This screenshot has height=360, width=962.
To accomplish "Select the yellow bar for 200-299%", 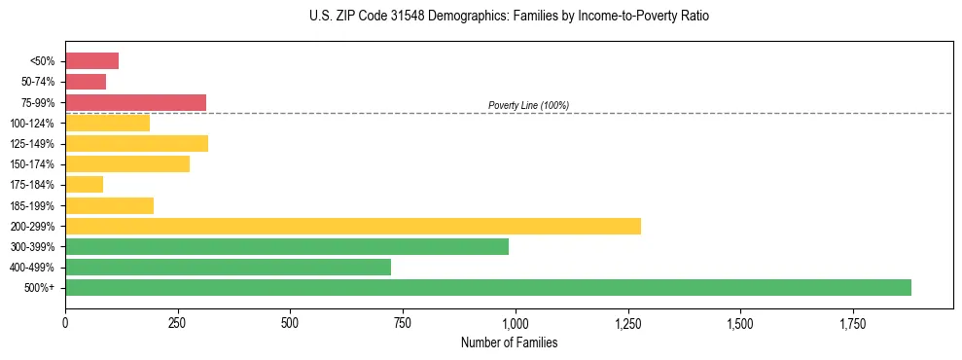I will (353, 226).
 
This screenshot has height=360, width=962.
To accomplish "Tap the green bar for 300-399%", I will (287, 246).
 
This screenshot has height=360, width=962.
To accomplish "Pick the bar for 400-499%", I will (228, 267).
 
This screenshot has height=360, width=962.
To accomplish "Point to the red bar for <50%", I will (91, 61).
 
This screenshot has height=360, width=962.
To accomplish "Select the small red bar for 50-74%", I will (86, 82).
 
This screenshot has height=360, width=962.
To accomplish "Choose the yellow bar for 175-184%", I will (84, 184).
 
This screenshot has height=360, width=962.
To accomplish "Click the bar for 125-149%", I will (136, 143).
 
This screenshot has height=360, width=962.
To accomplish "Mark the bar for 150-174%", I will (127, 163).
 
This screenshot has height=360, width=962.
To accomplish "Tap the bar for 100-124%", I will (107, 123).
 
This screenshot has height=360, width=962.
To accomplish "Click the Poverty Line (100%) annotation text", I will (528, 105).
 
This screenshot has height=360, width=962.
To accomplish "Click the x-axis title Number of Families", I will (509, 342).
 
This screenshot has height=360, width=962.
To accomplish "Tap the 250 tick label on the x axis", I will (177, 323).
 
